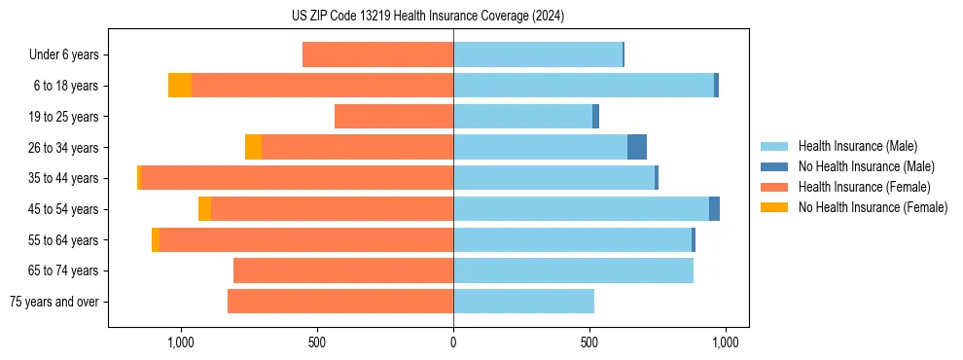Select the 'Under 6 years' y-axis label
63,54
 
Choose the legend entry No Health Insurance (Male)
866,166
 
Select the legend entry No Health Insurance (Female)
873,207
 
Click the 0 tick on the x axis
453,342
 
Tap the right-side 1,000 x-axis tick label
725,342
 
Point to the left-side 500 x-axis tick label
317,342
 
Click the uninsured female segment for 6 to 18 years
180,86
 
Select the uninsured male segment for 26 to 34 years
637,147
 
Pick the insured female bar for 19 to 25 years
394,117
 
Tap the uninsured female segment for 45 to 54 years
204,209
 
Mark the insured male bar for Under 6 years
538,54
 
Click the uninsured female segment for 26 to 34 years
253,147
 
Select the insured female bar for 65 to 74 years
343,270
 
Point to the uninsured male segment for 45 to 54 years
714,209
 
